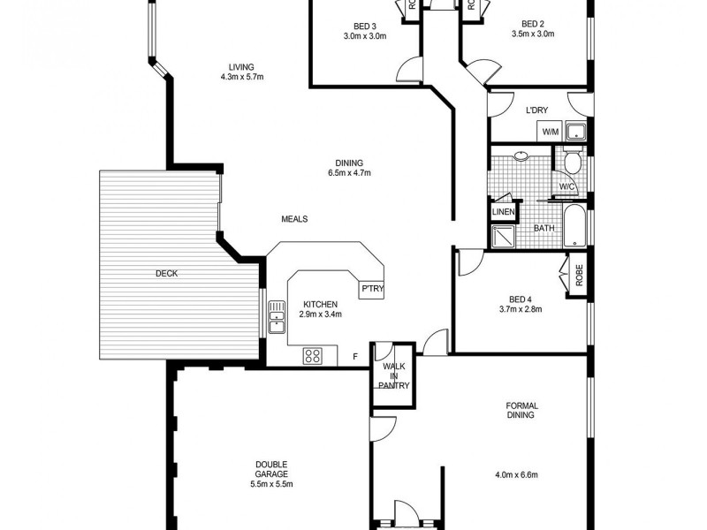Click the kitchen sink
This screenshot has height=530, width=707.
pyautogui.click(x=277, y=317)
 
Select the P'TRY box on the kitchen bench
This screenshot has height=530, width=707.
pyautogui.click(x=369, y=289)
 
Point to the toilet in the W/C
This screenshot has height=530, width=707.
pyautogui.click(x=572, y=163)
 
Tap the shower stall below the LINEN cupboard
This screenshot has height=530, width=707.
pyautogui.click(x=503, y=235)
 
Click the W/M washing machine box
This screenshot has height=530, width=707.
pyautogui.click(x=551, y=132)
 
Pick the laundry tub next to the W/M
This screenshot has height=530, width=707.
pyautogui.click(x=575, y=132)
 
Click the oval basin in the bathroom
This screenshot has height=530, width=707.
pyautogui.click(x=521, y=156)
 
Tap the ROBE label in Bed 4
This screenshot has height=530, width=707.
pyautogui.click(x=580, y=276)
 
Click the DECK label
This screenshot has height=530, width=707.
pyautogui.click(x=166, y=274)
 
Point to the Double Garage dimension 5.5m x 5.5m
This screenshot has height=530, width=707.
pyautogui.click(x=271, y=484)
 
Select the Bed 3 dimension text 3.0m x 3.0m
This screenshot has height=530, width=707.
pyautogui.click(x=364, y=36)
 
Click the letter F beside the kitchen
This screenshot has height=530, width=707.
pyautogui.click(x=355, y=356)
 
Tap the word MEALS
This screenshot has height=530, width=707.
pyautogui.click(x=294, y=219)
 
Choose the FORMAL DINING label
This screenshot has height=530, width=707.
pyautogui.click(x=521, y=410)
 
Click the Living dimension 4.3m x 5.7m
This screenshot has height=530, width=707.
pyautogui.click(x=242, y=78)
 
